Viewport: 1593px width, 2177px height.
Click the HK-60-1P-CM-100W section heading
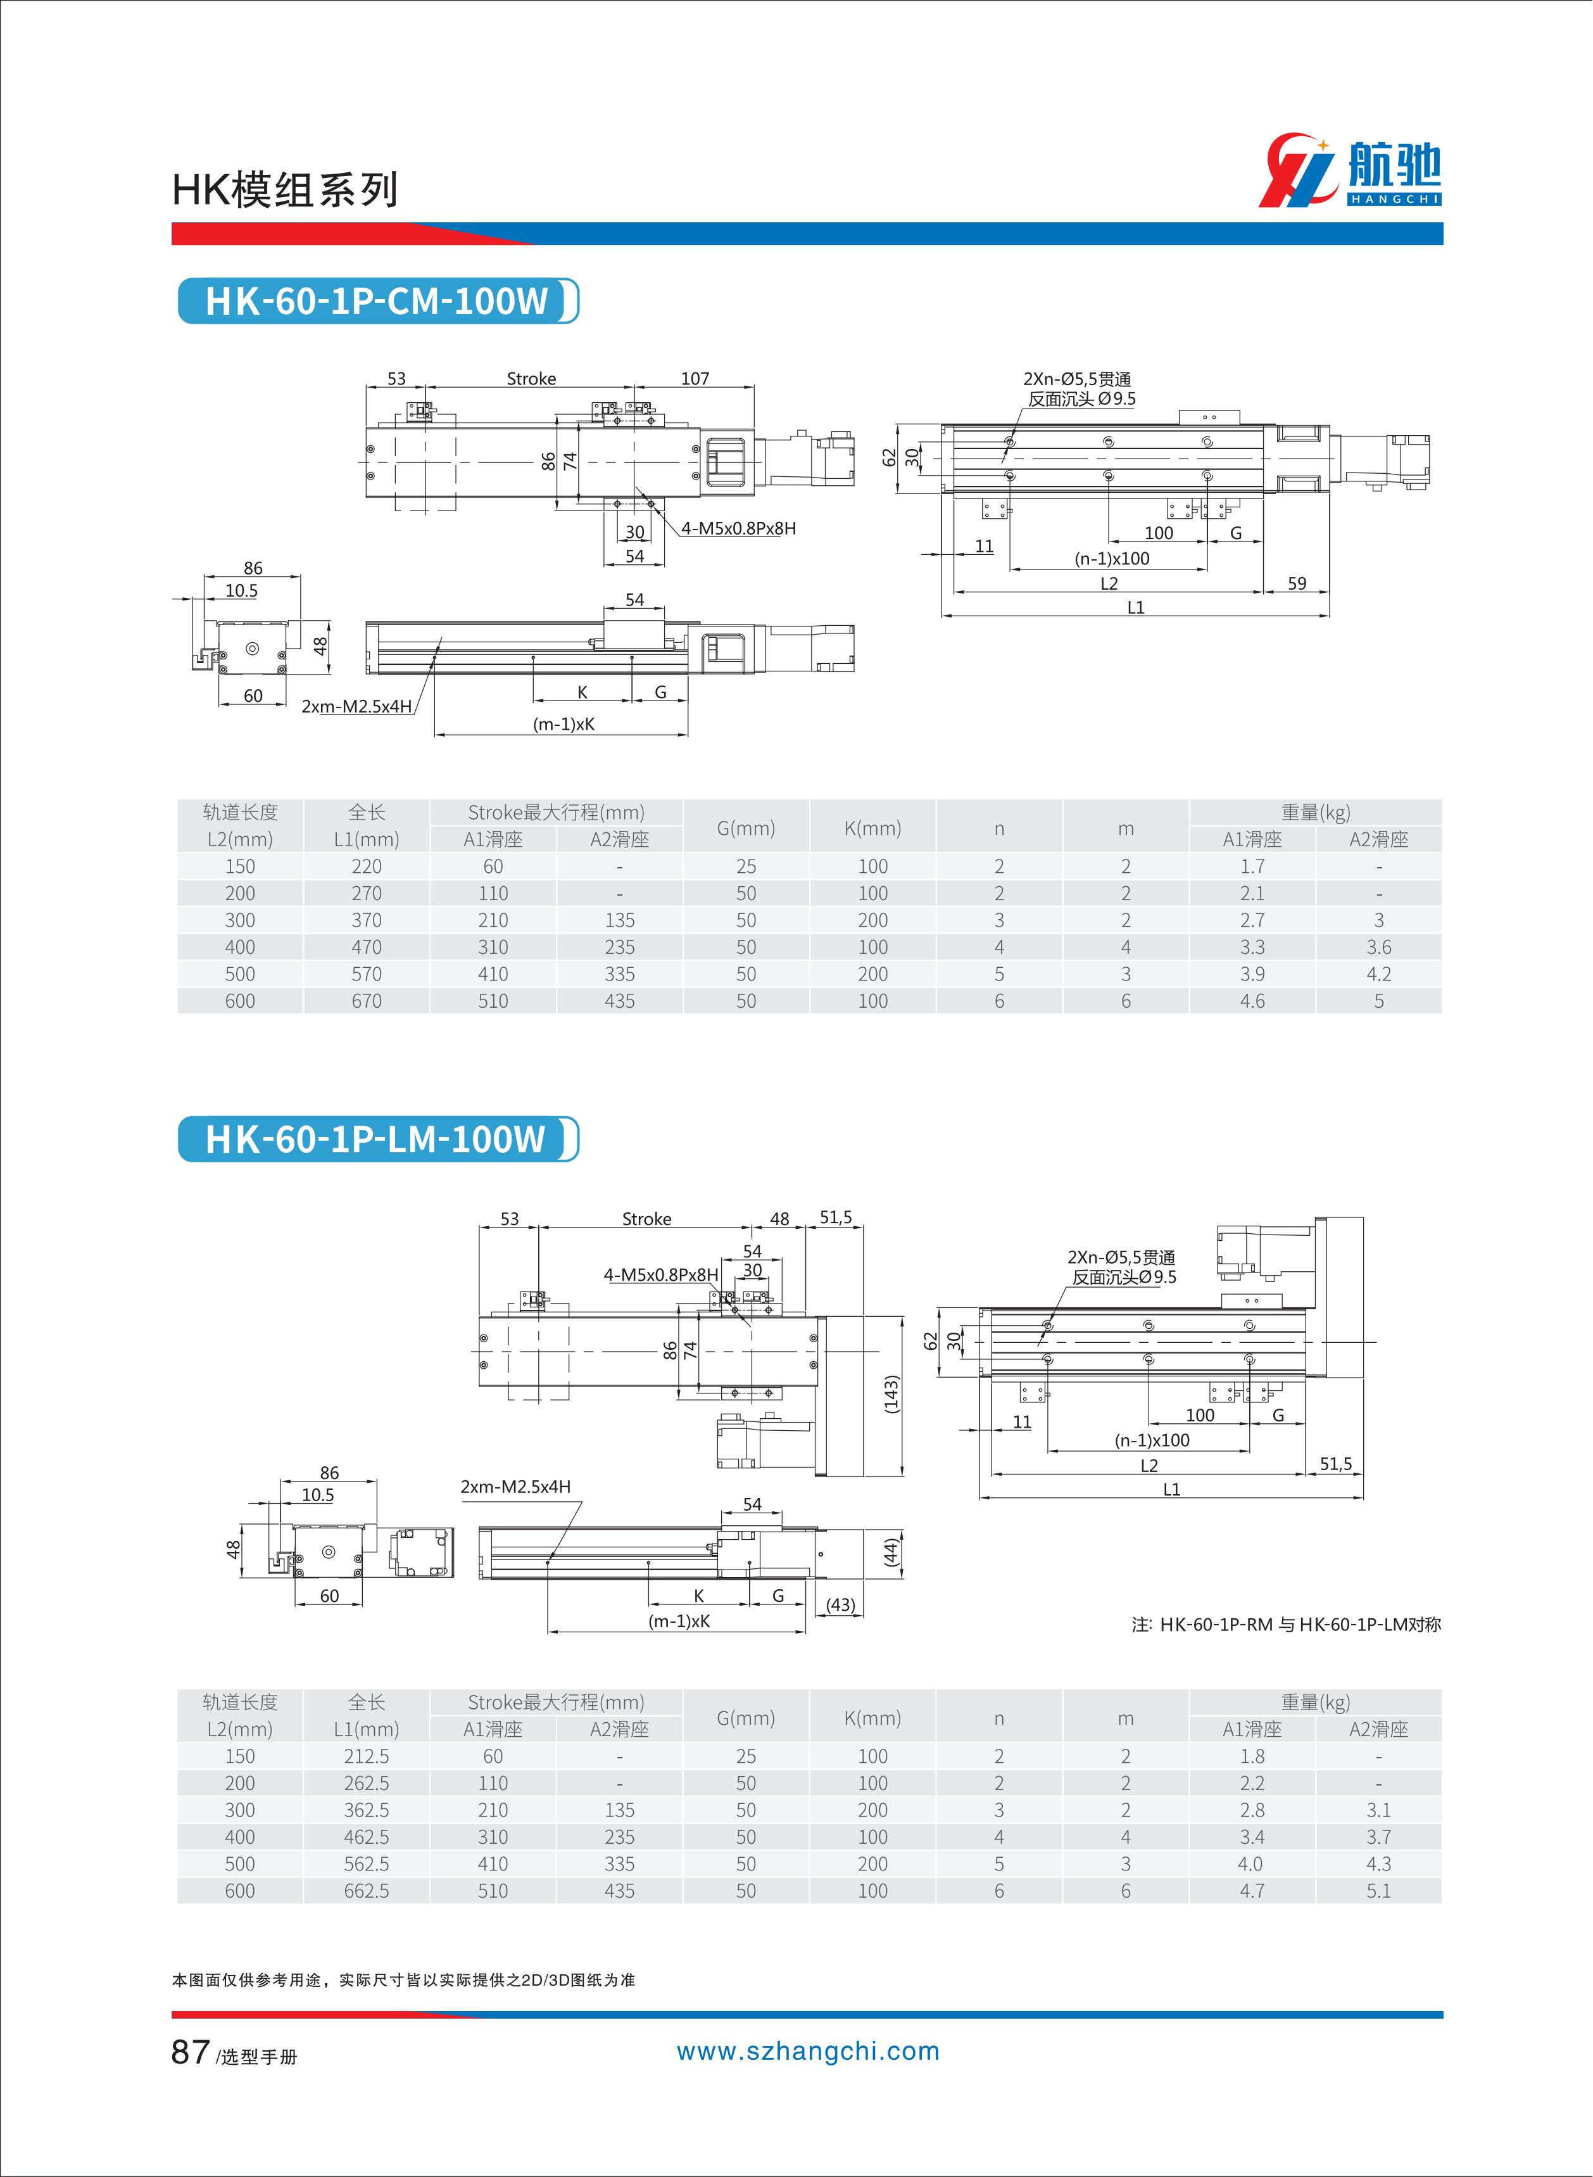376,301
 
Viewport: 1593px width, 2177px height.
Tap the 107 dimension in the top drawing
695,378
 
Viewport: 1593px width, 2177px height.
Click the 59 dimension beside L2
1297,583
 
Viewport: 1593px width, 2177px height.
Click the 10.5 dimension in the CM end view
241,590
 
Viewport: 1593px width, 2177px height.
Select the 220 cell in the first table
367,866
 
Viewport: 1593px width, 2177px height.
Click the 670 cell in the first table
367,1001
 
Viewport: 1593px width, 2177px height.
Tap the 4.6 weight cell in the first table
1252,1001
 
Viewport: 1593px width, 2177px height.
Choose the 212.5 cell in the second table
367,1756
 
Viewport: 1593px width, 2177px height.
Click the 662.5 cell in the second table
367,1891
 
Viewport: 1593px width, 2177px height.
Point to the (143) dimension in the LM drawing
891,1395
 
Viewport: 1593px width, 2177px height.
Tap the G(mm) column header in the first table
745,828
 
